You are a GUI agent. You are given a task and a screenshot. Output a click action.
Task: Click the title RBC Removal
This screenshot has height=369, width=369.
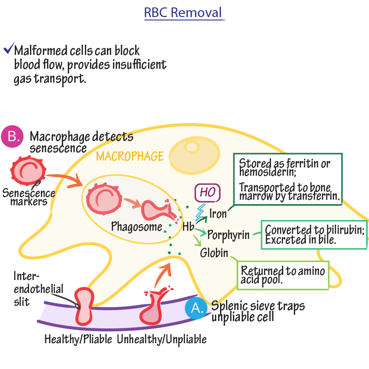184,12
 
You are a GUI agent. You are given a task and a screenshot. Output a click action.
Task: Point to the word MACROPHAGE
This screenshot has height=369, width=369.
130,156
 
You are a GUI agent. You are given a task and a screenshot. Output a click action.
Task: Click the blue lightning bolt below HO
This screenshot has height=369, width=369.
202,212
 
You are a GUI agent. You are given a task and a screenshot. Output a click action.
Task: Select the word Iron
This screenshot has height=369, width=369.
218,214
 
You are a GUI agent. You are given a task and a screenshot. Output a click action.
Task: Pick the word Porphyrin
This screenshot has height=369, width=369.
228,235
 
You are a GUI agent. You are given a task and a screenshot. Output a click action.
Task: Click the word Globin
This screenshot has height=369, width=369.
214,253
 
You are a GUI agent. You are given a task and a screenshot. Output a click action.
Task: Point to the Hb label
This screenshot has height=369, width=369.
188,226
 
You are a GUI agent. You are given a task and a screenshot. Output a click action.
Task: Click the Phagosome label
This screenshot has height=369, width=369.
137,226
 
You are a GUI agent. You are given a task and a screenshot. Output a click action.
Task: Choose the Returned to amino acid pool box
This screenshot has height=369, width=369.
283,275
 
